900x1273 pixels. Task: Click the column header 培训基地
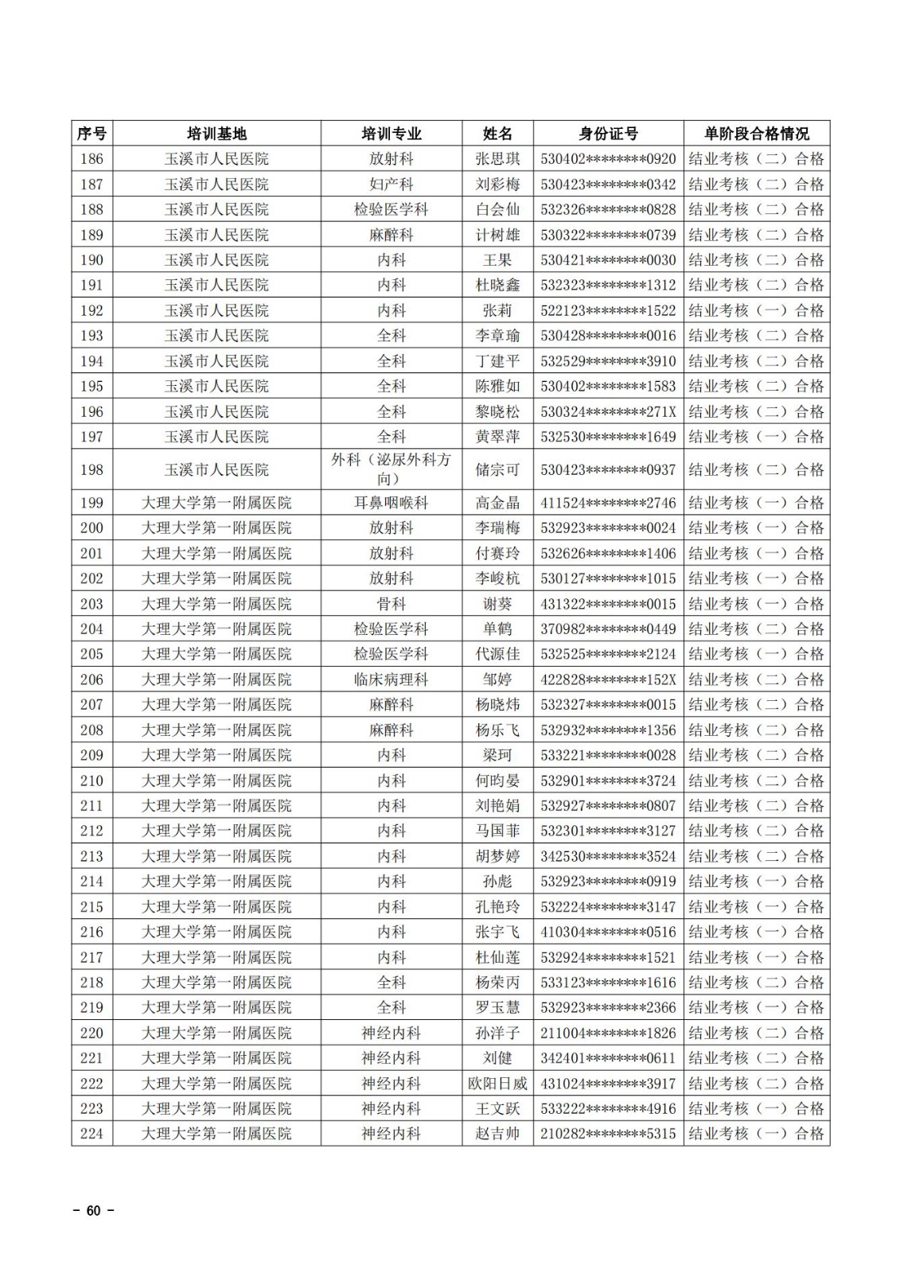pyautogui.click(x=216, y=134)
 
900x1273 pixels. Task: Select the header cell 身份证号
pyautogui.click(x=608, y=134)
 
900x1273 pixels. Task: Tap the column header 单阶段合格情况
pyautogui.click(x=756, y=134)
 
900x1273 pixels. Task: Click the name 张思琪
pyautogui.click(x=497, y=159)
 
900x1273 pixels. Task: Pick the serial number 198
pyautogui.click(x=92, y=469)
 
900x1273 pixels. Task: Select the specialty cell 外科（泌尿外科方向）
pyautogui.click(x=391, y=469)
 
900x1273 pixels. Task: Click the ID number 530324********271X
pyautogui.click(x=608, y=411)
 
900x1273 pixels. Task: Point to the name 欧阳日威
pyautogui.click(x=497, y=1084)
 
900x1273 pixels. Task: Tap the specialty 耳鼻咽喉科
pyautogui.click(x=391, y=503)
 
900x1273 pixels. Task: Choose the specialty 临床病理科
pyautogui.click(x=391, y=679)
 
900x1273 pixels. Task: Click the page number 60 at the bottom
pyautogui.click(x=94, y=1211)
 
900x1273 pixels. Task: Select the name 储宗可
pyautogui.click(x=497, y=469)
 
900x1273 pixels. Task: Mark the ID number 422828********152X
pyautogui.click(x=608, y=679)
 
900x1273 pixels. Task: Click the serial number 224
pyautogui.click(x=92, y=1134)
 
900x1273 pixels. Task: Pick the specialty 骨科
pyautogui.click(x=391, y=604)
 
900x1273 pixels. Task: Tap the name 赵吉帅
pyautogui.click(x=497, y=1134)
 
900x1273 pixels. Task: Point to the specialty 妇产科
pyautogui.click(x=391, y=185)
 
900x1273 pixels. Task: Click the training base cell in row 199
pyautogui.click(x=216, y=503)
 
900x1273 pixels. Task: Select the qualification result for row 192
pyautogui.click(x=756, y=310)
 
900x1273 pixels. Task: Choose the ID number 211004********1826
pyautogui.click(x=608, y=1034)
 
